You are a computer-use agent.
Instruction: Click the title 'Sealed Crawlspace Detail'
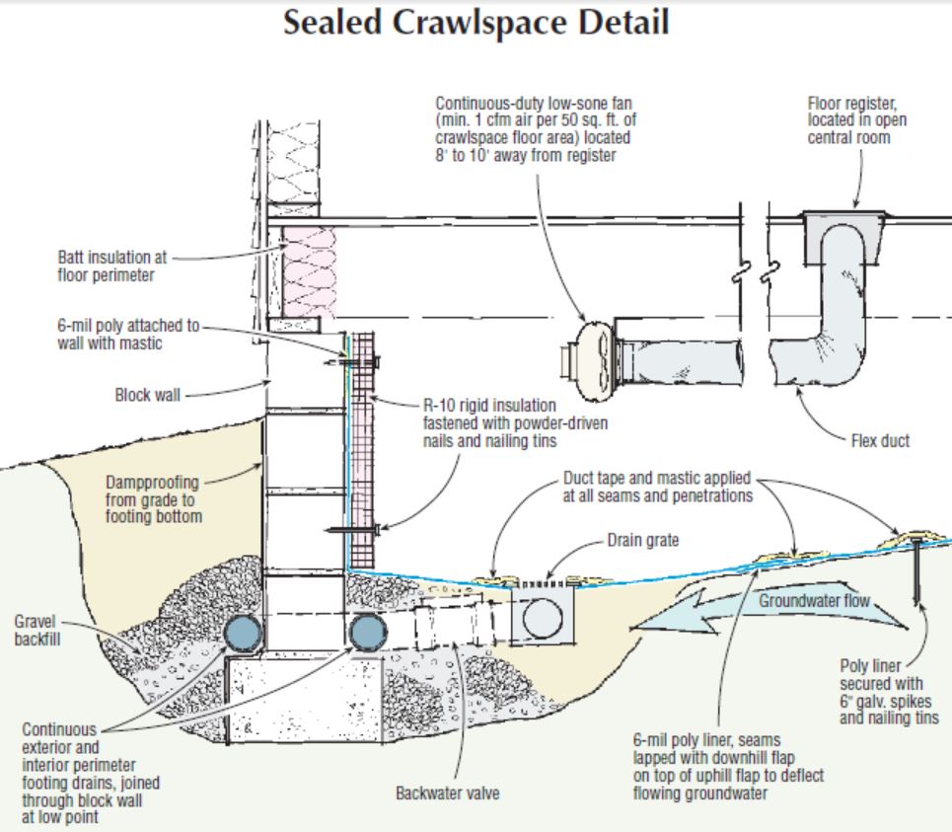tap(476, 25)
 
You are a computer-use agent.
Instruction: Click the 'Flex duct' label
tap(880, 441)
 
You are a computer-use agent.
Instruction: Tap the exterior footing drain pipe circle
tap(241, 633)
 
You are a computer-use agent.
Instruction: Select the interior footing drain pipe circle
tap(367, 633)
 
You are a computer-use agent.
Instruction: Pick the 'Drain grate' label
tap(642, 542)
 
